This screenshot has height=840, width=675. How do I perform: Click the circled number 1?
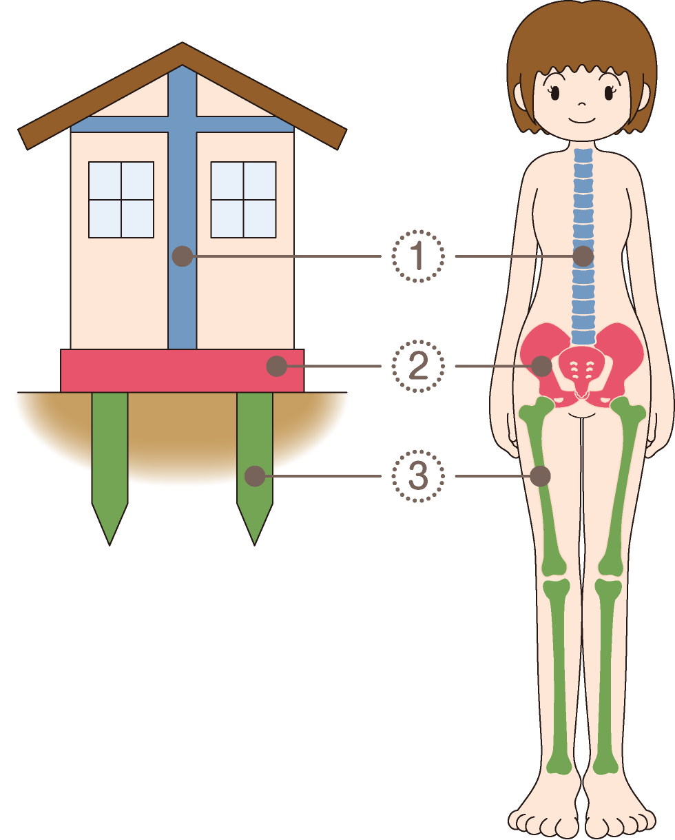[418, 256]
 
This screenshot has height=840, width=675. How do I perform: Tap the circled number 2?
[418, 366]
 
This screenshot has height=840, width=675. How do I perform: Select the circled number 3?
[418, 476]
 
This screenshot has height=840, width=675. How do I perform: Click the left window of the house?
[121, 199]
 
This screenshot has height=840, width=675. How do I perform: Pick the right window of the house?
[243, 199]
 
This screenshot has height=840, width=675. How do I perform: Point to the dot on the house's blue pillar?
[183, 256]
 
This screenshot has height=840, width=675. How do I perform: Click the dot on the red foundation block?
[277, 366]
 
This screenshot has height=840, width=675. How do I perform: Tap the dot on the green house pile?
[255, 476]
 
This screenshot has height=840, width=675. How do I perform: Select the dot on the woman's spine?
[583, 256]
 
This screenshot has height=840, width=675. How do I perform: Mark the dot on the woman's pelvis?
[541, 366]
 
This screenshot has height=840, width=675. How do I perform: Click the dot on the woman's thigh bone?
[541, 476]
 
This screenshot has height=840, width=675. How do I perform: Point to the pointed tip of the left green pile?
[110, 545]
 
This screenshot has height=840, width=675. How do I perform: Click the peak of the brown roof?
[183, 43]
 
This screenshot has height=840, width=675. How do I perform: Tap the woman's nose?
[582, 104]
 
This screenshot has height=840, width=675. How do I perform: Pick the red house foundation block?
[183, 371]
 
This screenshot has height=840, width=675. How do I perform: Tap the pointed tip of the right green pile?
[255, 545]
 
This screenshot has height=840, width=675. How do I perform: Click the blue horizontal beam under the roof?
[183, 124]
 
